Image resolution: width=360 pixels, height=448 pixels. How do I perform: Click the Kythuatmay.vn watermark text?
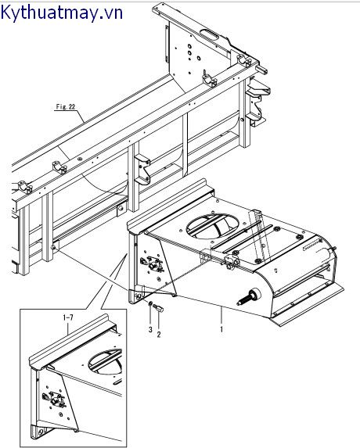pyautogui.click(x=62, y=13)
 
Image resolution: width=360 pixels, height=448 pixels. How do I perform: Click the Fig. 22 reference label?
pyautogui.click(x=66, y=107)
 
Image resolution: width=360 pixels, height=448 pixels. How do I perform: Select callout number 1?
pyautogui.click(x=221, y=329)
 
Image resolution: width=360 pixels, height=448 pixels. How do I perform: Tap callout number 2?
pyautogui.click(x=159, y=334)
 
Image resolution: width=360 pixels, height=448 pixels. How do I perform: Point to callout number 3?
pyautogui.click(x=150, y=329)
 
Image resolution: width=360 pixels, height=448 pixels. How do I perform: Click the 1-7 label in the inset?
pyautogui.click(x=68, y=317)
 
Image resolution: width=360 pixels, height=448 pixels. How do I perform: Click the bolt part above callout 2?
pyautogui.click(x=158, y=308)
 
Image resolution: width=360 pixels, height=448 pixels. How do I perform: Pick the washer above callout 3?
pyautogui.click(x=149, y=303)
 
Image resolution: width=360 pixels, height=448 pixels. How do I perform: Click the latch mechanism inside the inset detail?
pyautogui.click(x=54, y=399)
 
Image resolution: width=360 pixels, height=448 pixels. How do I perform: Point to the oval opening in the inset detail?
pyautogui.click(x=106, y=362)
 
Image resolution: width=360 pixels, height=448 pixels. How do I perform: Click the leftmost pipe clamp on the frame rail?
pyautogui.click(x=25, y=187)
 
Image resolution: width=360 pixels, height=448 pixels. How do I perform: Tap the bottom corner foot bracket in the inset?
pyautogui.click(x=40, y=431)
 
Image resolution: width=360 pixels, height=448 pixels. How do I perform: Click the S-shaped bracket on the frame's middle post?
pyautogui.click(x=142, y=170)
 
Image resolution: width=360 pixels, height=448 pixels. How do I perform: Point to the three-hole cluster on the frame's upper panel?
pyautogui.click(x=192, y=52)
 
